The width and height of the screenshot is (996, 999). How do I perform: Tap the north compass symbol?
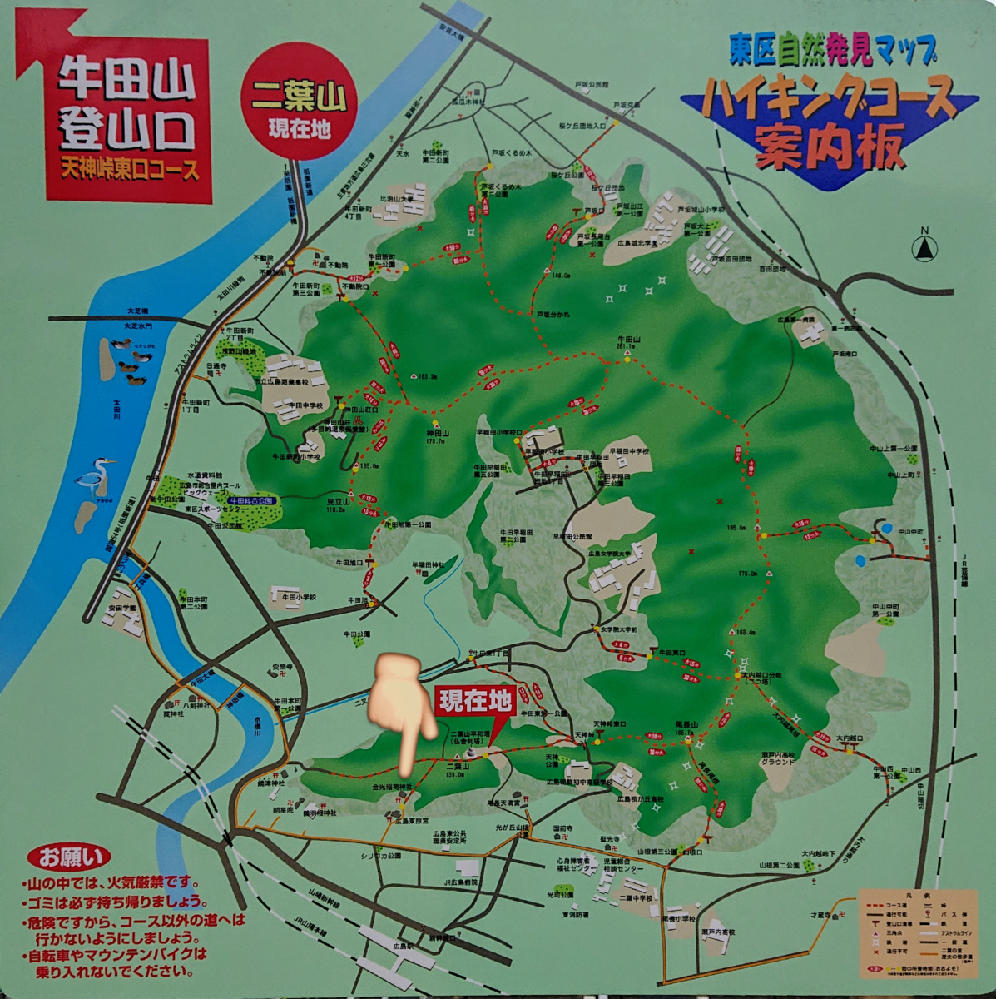click(924, 246)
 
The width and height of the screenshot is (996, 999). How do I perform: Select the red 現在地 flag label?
click(474, 702)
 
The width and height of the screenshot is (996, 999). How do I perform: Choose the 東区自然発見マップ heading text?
click(832, 52)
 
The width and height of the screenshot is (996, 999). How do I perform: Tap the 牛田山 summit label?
click(628, 340)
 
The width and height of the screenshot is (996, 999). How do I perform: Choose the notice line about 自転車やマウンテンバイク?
click(116, 962)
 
